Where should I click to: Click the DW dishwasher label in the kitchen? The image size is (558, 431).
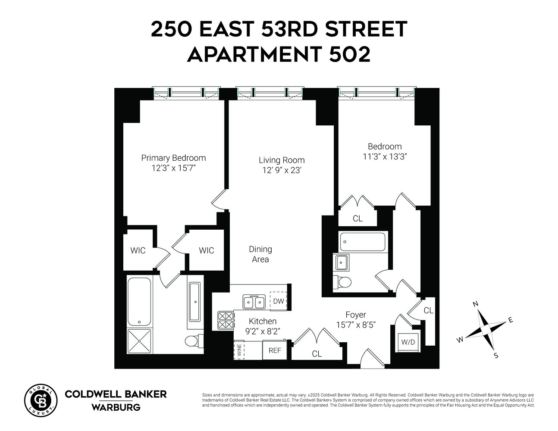279,301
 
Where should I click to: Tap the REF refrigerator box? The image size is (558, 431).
275,350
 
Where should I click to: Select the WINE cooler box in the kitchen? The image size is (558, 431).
239,350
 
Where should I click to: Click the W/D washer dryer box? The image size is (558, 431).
408,343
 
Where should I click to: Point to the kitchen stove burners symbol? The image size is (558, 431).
226,321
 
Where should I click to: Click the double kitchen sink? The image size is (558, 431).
254,302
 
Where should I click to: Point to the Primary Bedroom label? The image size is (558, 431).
173,158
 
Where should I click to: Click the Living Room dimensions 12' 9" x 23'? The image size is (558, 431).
282,170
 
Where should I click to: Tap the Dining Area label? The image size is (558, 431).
260,254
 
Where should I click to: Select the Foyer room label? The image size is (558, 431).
356,315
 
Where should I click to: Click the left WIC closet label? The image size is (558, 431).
138,250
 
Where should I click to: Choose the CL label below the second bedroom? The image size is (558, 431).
357,219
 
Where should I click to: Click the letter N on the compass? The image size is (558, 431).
476,304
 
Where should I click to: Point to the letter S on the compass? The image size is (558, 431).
495,356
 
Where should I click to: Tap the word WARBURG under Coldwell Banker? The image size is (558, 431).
116,407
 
